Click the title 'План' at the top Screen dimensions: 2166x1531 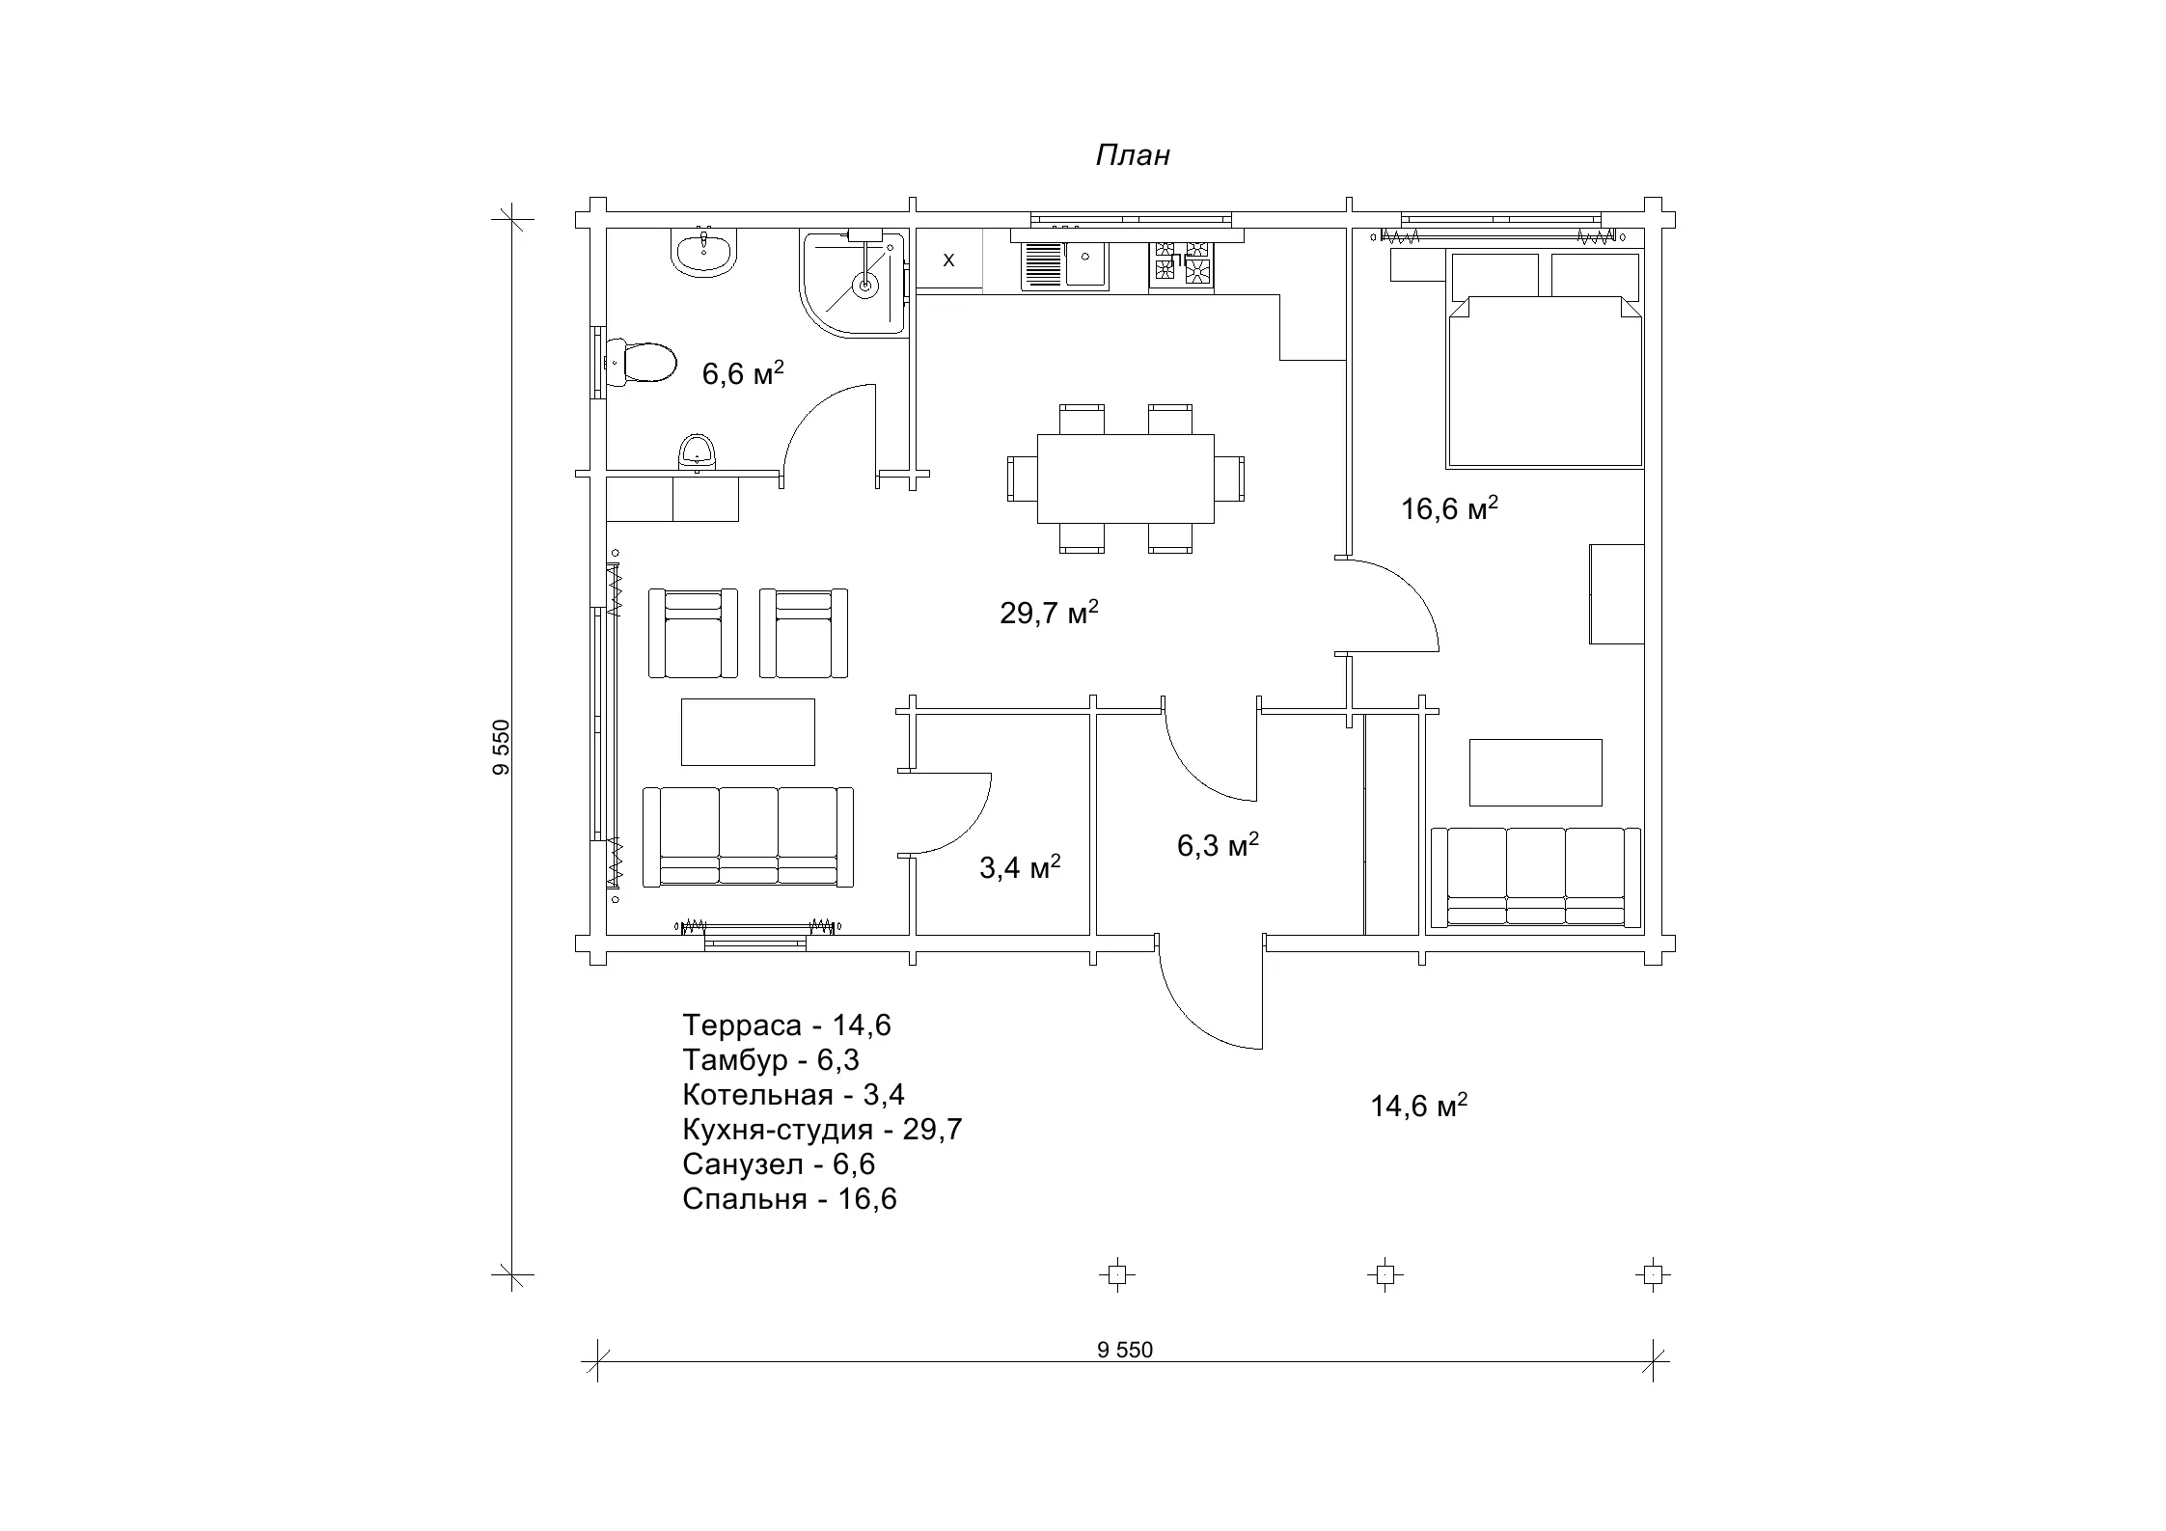1133,155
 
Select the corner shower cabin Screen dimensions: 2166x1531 854,284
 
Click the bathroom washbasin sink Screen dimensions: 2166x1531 704,254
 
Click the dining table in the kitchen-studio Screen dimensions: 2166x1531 1125,478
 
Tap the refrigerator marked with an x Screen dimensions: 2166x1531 948,260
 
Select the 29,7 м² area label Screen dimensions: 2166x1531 1050,613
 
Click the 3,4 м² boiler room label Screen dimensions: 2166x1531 1020,867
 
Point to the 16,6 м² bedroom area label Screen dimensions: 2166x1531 1449,508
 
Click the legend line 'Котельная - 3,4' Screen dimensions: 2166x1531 793,1095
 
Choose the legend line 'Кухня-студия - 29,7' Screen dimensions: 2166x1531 822,1130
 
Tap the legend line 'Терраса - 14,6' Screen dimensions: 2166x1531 786,1025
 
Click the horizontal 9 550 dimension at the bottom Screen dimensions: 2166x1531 1125,1351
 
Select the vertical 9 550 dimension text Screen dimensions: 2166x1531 500,748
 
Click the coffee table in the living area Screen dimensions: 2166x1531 748,732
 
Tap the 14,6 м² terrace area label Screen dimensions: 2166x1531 1418,1106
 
